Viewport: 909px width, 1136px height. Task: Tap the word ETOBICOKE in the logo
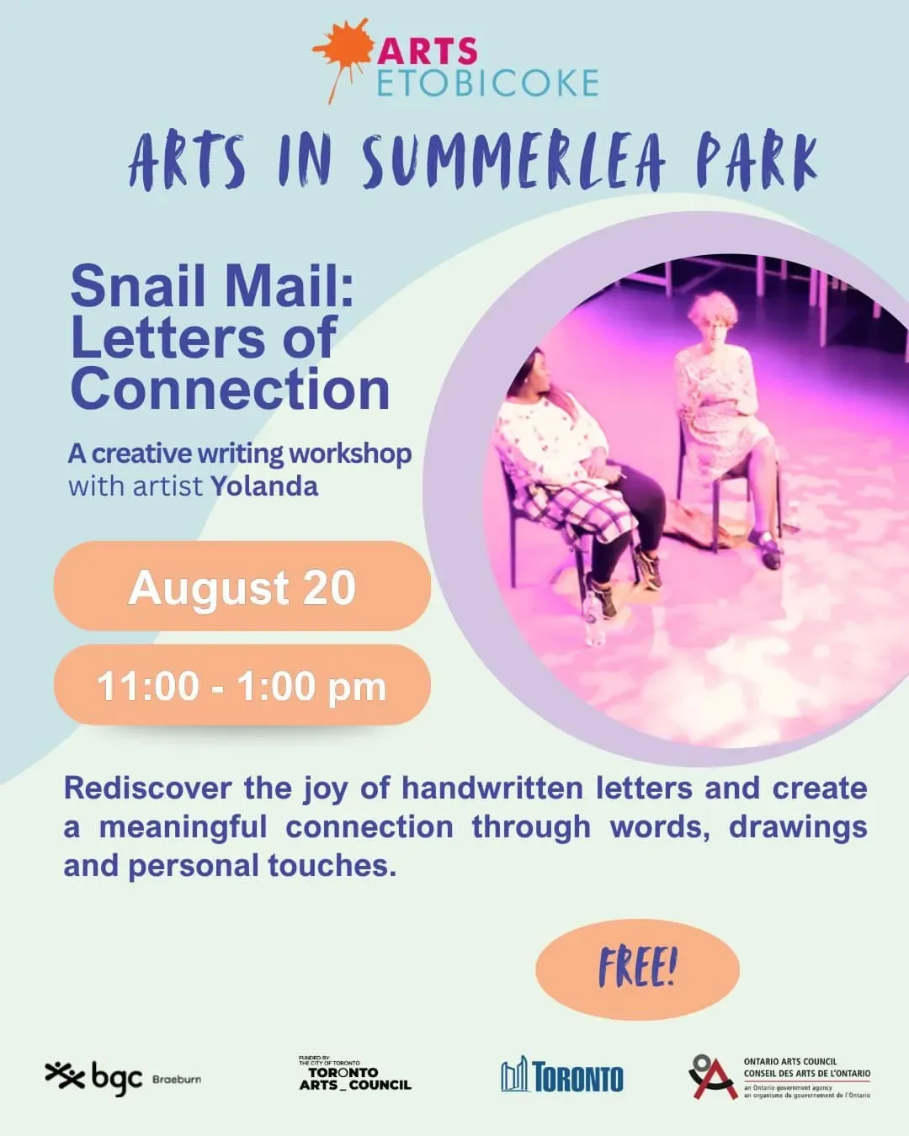[488, 83]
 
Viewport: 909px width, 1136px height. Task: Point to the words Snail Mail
[212, 287]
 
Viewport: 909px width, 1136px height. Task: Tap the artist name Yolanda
[264, 486]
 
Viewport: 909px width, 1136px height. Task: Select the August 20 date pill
[242, 586]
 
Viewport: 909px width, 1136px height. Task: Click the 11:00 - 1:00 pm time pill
[242, 685]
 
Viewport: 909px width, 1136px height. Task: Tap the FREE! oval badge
[637, 969]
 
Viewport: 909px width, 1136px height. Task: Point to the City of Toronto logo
[562, 1075]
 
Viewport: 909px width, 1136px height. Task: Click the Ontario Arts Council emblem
[713, 1077]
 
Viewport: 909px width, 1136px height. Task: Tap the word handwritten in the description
[492, 788]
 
